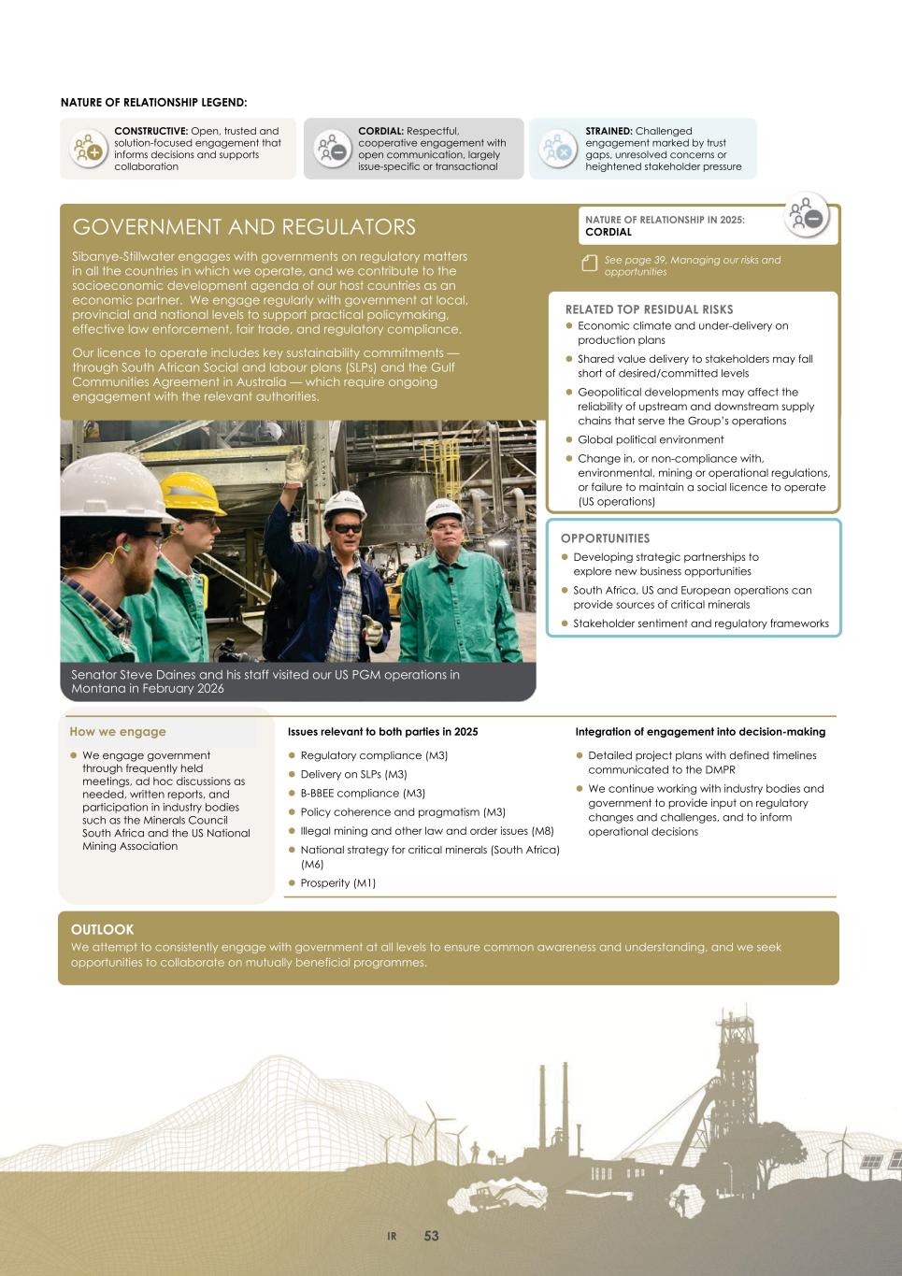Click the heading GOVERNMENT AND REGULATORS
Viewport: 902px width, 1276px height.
point(244,227)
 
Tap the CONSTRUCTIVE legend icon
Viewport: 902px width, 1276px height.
point(87,149)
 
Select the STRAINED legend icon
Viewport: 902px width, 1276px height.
point(558,149)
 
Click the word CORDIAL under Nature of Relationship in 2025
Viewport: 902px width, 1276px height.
point(608,232)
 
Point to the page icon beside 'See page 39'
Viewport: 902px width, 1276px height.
point(589,264)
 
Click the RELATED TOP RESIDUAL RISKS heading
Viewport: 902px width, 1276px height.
point(649,309)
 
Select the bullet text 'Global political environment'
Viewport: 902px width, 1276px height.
point(651,439)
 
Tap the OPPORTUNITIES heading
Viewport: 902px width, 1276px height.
point(605,538)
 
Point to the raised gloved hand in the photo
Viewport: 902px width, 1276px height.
point(297,463)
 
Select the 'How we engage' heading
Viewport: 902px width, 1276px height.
point(118,732)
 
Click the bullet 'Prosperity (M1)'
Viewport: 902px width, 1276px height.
point(337,882)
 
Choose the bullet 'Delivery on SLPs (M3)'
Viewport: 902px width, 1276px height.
point(353,774)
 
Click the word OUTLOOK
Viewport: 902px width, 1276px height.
point(103,929)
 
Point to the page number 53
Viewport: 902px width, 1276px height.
point(431,1236)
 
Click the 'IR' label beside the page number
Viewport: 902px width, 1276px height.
point(393,1237)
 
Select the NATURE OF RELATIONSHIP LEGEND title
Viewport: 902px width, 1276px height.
point(154,102)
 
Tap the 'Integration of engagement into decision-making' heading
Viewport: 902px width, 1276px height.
point(700,732)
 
